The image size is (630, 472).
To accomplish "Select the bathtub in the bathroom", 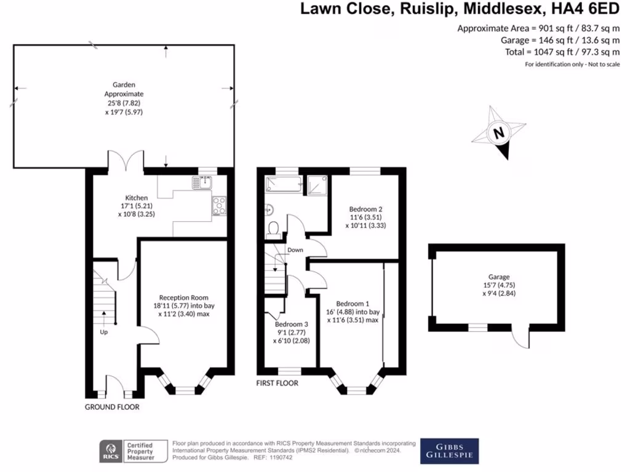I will point(282,183).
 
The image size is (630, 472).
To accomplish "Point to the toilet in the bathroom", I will point(274,229).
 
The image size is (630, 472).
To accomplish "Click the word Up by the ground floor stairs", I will point(104,332).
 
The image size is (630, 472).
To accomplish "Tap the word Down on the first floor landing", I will point(295,250).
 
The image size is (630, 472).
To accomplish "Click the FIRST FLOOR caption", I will point(277,383).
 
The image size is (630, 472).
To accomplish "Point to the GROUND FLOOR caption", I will point(112,407).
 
